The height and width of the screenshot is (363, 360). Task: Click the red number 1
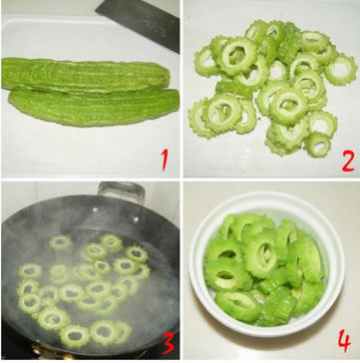(165, 160)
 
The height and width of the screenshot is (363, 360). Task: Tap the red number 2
(348, 162)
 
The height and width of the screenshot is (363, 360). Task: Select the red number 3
(168, 343)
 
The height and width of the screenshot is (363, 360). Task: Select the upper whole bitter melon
(86, 75)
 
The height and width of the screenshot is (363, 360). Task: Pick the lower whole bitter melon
(94, 107)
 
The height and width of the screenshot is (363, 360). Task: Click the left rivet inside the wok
(96, 209)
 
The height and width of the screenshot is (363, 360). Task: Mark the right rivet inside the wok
(135, 219)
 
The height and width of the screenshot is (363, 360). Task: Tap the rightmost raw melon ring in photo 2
(341, 70)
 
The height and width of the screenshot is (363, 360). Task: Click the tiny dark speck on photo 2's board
(259, 118)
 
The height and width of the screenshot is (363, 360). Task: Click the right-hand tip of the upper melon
(169, 77)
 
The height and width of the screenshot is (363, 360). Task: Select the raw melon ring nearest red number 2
(318, 144)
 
